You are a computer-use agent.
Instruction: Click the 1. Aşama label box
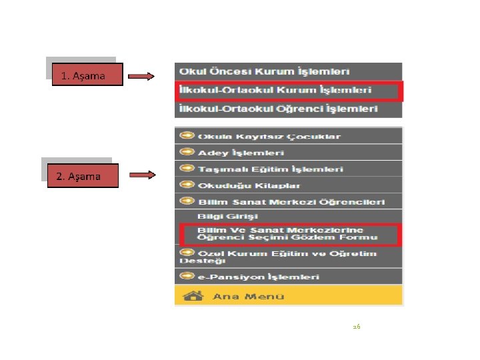83,75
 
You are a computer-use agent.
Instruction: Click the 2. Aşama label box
79,176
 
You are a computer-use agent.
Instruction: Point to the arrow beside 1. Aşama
141,76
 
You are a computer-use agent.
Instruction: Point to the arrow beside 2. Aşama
142,176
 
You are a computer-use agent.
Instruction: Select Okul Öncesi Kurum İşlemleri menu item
271,71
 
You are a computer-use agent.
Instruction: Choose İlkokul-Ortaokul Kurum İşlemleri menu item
273,90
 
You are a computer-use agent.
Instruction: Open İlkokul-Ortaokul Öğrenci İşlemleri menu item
277,108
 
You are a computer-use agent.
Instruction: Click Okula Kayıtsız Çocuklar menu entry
269,137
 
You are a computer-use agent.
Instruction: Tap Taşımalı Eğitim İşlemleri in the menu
271,169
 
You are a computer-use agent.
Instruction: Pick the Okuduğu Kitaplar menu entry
249,185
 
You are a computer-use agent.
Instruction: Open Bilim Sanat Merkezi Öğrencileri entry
291,201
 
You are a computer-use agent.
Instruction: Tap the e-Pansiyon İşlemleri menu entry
259,276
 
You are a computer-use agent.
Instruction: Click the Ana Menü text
248,296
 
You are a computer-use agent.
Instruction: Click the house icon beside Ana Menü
193,295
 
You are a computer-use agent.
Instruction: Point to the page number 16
356,326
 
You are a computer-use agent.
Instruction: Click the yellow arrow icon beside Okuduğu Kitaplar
187,185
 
